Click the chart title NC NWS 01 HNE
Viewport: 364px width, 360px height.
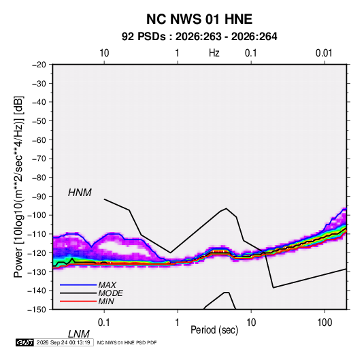(x=199, y=19)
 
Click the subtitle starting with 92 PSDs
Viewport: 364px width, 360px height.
(x=199, y=37)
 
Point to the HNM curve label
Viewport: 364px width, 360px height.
(x=80, y=193)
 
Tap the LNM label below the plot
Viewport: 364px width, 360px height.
(x=79, y=334)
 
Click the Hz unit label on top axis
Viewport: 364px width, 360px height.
(x=214, y=53)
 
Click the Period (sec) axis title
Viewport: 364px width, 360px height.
(x=214, y=330)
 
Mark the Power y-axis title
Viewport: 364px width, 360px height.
(x=18, y=187)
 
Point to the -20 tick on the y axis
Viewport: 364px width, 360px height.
(x=39, y=65)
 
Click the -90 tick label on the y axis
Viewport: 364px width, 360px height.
(x=39, y=196)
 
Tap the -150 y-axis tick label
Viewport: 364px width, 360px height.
(x=37, y=310)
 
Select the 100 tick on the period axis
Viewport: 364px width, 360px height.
(x=325, y=323)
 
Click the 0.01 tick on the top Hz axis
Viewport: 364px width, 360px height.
(x=324, y=53)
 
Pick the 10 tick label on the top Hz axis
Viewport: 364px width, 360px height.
(x=104, y=53)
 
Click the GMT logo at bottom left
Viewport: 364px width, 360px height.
(x=24, y=342)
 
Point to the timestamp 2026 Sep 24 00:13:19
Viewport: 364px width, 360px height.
(x=63, y=342)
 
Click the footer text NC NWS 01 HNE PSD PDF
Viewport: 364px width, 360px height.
(x=127, y=342)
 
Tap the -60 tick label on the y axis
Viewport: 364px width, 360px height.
(x=39, y=140)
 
